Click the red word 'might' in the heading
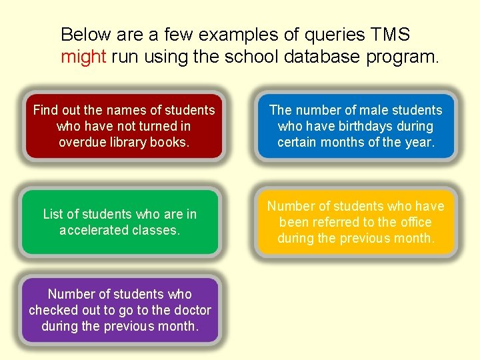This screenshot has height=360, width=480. (x=83, y=56)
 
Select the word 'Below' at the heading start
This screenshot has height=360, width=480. (x=85, y=34)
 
